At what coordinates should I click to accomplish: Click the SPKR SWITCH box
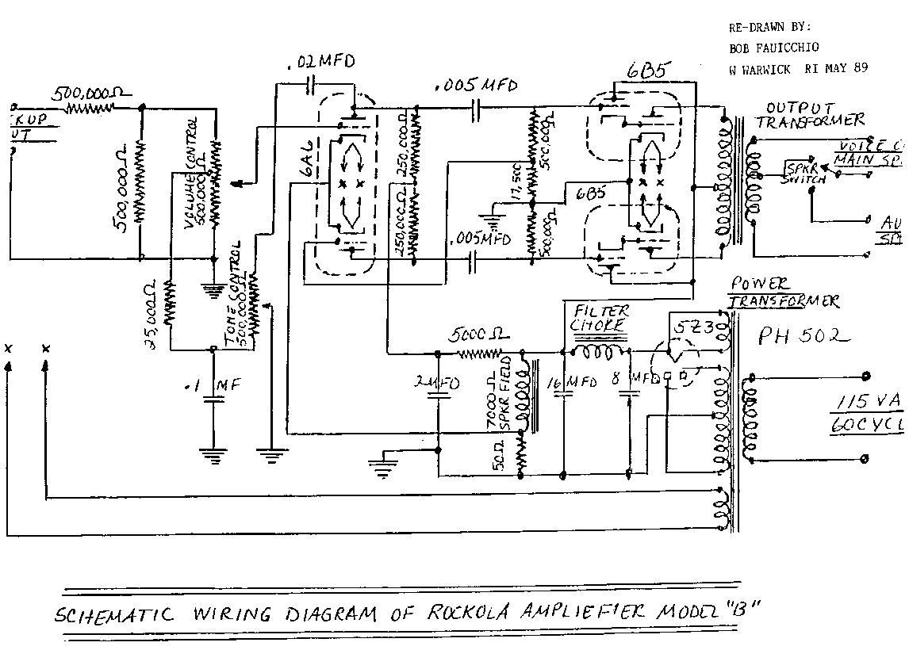pyautogui.click(x=805, y=174)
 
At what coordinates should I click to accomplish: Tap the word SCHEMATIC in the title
pyautogui.click(x=116, y=614)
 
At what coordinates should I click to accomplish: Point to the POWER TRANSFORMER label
pyautogui.click(x=781, y=292)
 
